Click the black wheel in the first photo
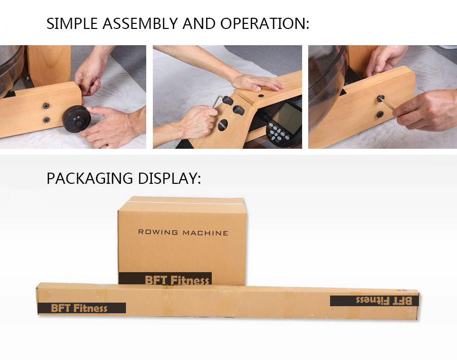pyautogui.click(x=76, y=118)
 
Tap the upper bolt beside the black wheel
pyautogui.click(x=46, y=106)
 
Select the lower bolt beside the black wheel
pyautogui.click(x=46, y=120)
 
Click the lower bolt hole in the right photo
pyautogui.click(x=380, y=114)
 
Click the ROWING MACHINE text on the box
pyautogui.click(x=183, y=233)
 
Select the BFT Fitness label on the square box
pyautogui.click(x=166, y=279)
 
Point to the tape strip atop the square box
pyautogui.click(x=182, y=202)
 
